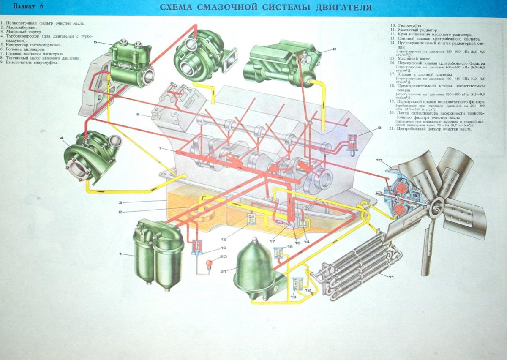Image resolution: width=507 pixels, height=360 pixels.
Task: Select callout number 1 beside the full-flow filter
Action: [x=120, y=254]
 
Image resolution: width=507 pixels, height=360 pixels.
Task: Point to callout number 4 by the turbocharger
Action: [x=62, y=138]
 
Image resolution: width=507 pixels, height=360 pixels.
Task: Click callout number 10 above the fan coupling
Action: [x=379, y=160]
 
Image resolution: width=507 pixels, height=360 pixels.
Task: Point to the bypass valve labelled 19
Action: [x=196, y=246]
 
